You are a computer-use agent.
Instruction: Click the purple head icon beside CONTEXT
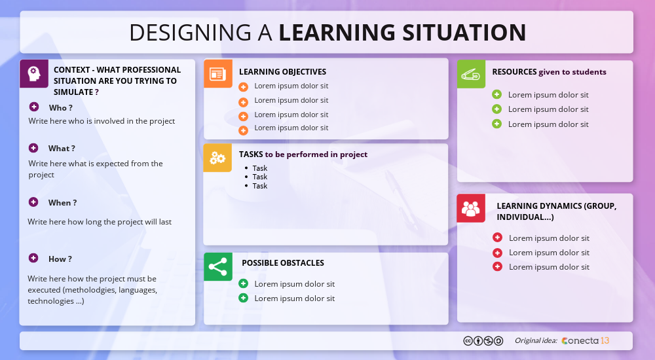[33, 73]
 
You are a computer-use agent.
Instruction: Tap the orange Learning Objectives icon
[217, 73]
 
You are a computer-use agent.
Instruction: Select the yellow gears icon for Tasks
[217, 158]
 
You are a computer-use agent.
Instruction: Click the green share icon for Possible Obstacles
[217, 266]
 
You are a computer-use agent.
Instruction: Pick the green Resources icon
[471, 74]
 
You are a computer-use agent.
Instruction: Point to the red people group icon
[471, 208]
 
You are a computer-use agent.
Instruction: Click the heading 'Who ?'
[60, 108]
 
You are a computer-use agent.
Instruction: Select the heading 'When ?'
[62, 203]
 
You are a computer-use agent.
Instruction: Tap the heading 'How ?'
[60, 259]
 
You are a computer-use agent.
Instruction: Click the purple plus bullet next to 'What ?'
[33, 148]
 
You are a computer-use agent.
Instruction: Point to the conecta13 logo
[586, 340]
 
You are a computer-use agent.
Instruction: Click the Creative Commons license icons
[483, 340]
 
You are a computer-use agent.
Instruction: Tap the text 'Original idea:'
[536, 340]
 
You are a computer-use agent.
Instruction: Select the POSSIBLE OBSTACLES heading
[283, 263]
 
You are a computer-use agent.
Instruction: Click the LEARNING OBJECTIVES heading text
[282, 72]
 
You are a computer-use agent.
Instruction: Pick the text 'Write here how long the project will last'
[100, 222]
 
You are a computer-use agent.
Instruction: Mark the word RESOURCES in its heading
[514, 72]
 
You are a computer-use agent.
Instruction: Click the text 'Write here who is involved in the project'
[102, 121]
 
